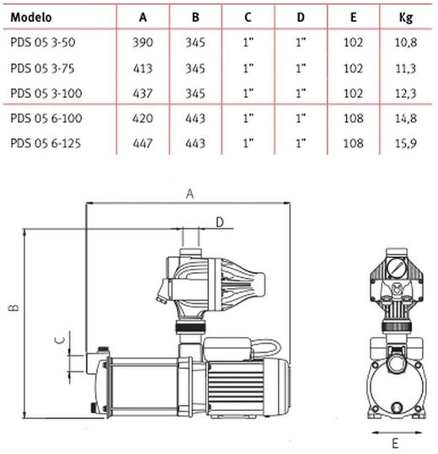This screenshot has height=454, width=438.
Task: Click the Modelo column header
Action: coord(31,18)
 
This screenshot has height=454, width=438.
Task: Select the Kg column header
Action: coord(406,19)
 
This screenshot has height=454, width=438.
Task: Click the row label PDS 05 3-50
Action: coord(43,42)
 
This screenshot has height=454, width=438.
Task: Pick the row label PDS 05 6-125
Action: coord(45,143)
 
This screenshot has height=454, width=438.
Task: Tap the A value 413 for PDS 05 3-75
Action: coord(142,68)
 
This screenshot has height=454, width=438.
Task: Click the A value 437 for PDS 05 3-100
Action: coord(142,93)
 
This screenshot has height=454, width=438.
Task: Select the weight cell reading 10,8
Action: coord(406,43)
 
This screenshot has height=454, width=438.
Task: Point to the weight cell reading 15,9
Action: coord(406,143)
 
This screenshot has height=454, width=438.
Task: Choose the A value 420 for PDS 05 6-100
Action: coord(142,119)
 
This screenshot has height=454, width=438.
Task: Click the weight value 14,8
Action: coord(406,119)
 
